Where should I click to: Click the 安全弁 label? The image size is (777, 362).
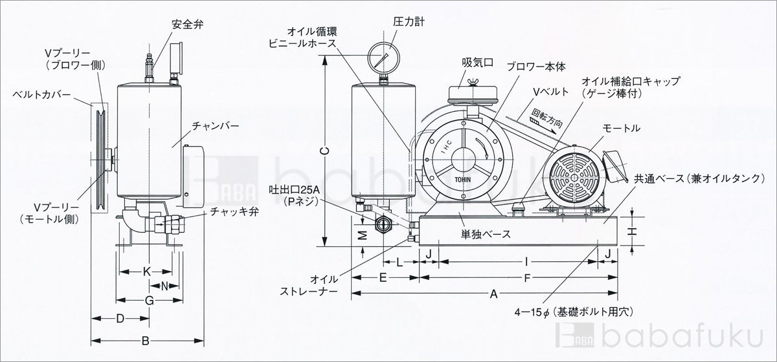[x=186, y=25]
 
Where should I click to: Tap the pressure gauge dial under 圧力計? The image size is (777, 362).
[x=383, y=59]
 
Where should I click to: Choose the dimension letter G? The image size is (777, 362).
[x=148, y=301]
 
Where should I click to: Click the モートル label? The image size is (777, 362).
[x=621, y=129]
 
